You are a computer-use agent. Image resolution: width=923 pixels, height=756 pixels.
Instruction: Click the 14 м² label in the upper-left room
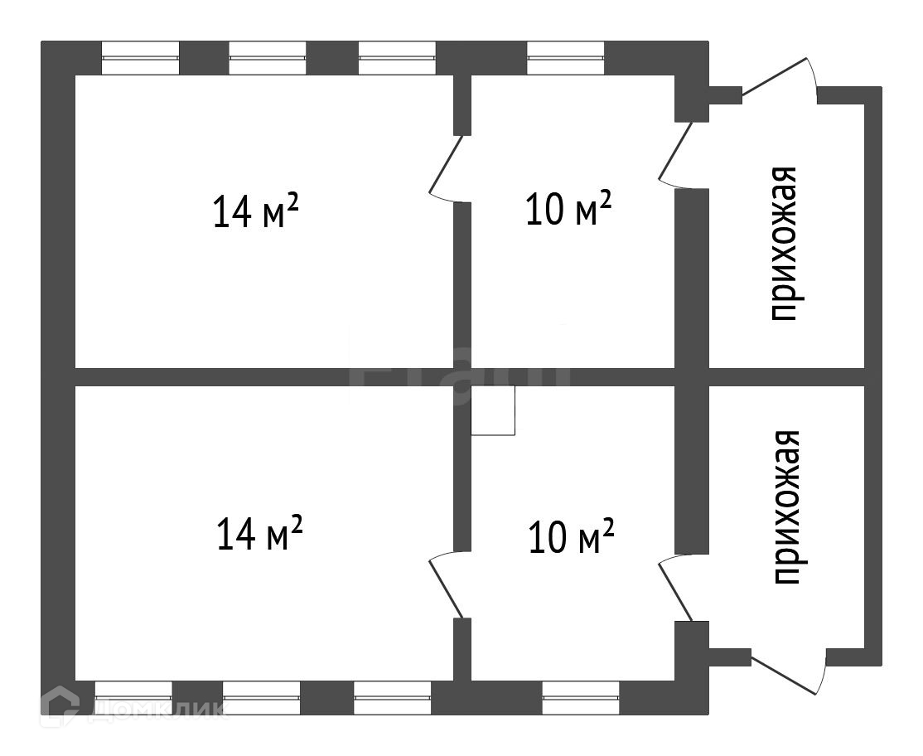pos(255,211)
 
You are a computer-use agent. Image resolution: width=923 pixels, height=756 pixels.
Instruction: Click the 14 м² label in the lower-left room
pos(259,533)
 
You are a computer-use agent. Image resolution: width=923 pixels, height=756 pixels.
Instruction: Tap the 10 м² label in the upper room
pos(569,209)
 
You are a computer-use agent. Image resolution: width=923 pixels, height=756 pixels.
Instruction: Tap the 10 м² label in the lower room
pos(571,536)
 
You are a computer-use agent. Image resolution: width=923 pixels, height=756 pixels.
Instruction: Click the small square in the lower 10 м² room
pos(493,410)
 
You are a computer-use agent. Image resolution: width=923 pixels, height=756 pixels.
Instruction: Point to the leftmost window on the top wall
pos(140,58)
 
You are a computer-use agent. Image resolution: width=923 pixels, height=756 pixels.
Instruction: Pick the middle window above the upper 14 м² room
pos(268,58)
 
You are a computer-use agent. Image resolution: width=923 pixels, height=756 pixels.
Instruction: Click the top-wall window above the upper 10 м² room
pos(566,58)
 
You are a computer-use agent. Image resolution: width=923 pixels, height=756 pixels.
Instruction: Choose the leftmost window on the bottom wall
pos(133,698)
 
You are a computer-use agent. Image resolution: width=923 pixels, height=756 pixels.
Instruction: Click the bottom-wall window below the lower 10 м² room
pos(581,698)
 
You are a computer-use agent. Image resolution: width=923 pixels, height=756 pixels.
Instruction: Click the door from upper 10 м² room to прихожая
pos(677,153)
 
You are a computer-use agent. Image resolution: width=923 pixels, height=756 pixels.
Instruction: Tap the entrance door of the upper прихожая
pos(780,78)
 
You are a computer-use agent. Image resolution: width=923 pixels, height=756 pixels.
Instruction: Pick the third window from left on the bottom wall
pos(392,698)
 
